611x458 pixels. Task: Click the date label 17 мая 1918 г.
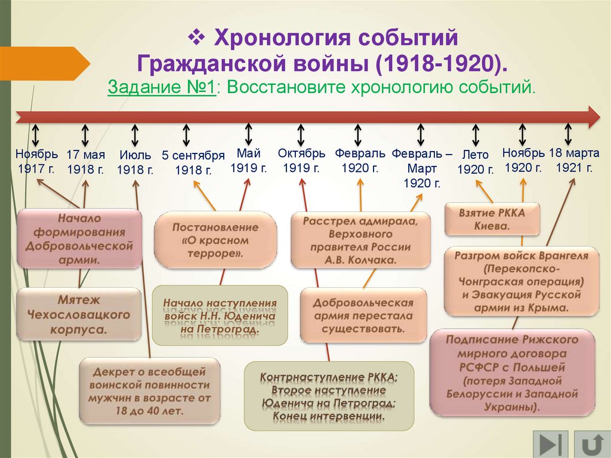coord(85,162)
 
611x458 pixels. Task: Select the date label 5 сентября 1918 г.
coord(193,162)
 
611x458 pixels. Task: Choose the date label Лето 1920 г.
coord(476,162)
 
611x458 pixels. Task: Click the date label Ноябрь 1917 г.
coord(36,161)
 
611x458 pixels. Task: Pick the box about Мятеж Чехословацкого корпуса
coord(79,314)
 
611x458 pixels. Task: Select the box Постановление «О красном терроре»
coord(215,241)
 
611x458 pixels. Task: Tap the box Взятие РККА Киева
coord(492,219)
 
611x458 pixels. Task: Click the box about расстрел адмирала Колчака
coord(360,241)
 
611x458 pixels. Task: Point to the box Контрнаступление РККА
coord(329,395)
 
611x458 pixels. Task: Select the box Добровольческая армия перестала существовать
coord(363,315)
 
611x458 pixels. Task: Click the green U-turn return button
coord(593,445)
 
